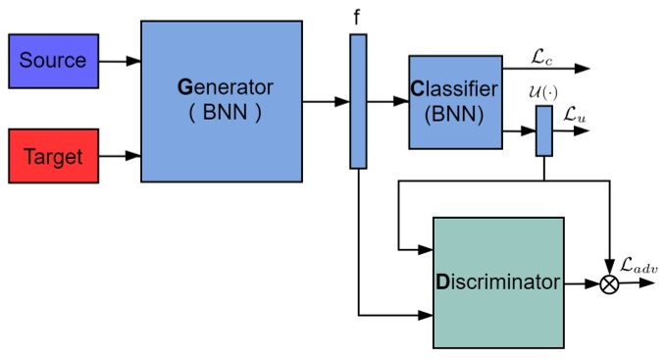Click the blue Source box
(x=53, y=61)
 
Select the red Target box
(x=53, y=156)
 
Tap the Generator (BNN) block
(x=222, y=101)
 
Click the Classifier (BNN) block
(x=454, y=102)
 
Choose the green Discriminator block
(x=498, y=283)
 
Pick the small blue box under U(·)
(x=543, y=130)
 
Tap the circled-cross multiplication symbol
(x=610, y=283)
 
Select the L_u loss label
(x=575, y=114)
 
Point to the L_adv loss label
(x=640, y=264)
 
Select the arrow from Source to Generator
(x=120, y=61)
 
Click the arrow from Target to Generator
(x=120, y=156)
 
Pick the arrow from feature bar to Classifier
(x=387, y=101)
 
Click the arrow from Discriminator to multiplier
(x=582, y=283)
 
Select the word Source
(x=53, y=61)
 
